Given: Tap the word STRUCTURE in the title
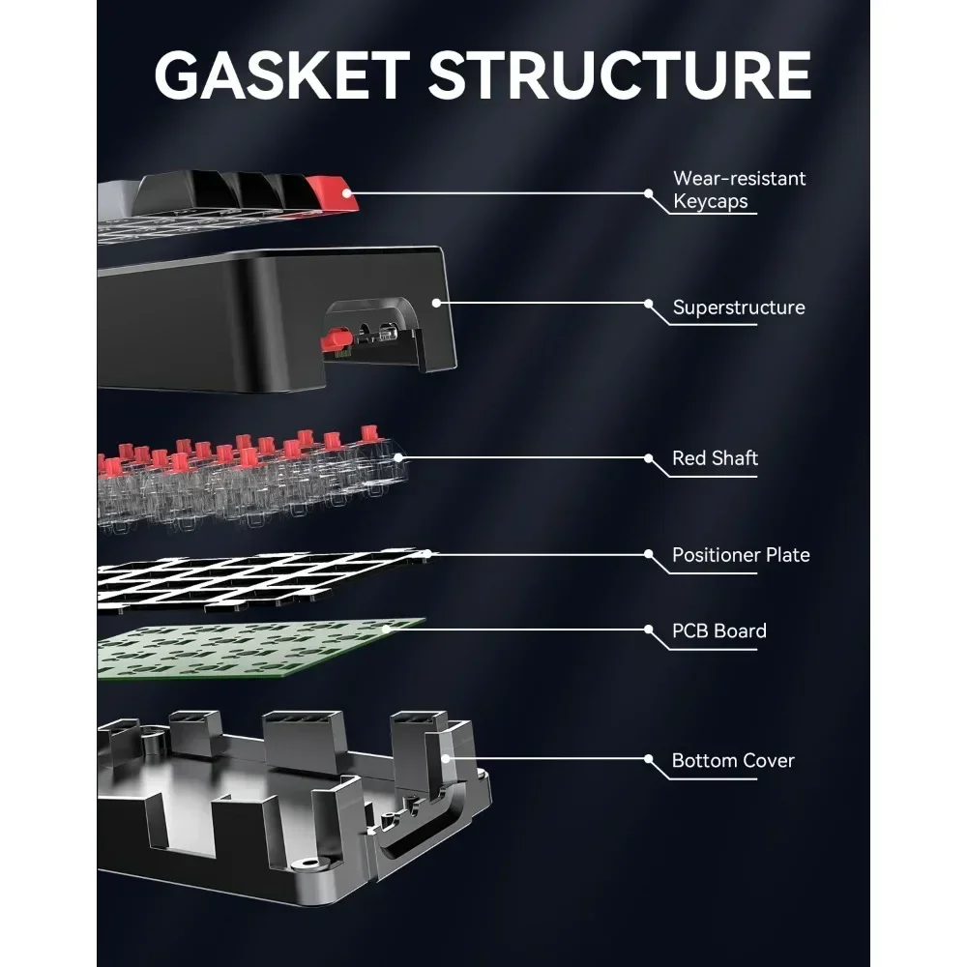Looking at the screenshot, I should point(620,74).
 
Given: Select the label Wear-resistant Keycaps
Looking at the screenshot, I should point(739,190).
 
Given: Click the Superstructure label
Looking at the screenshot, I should point(739,308).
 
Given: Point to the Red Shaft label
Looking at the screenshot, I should point(715,458).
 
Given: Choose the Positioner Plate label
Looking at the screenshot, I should point(741,555).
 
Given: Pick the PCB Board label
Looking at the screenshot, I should point(719,631).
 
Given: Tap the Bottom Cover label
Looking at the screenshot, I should point(733,761).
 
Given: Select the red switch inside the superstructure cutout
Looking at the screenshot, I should point(335,339).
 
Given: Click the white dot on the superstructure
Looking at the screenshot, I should point(436,303).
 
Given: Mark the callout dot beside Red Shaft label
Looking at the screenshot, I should point(649,458).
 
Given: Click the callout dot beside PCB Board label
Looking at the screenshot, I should point(649,630).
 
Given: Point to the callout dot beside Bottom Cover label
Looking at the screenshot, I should point(649,759).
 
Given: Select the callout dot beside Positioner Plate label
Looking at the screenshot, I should point(649,554).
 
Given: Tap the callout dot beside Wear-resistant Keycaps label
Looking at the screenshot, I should point(649,192).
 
